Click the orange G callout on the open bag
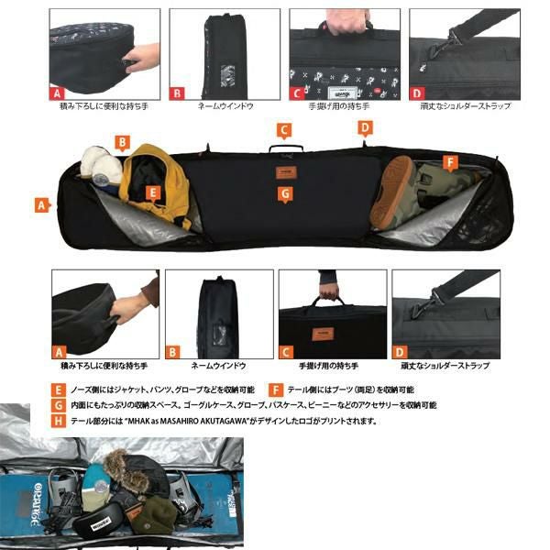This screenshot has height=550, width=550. tap(285, 193)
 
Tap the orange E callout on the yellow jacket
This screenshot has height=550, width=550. tap(154, 192)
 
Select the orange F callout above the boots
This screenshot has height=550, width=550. tap(449, 163)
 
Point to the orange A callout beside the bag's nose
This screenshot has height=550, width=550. tap(42, 206)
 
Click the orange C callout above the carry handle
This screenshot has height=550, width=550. tap(284, 129)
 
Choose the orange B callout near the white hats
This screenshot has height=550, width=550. tap(121, 141)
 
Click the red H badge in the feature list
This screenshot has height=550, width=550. tap(60, 421)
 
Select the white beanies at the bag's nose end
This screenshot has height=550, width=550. tap(99, 165)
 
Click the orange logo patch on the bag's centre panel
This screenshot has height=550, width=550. tap(284, 171)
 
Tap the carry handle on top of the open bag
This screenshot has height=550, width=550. tap(285, 147)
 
